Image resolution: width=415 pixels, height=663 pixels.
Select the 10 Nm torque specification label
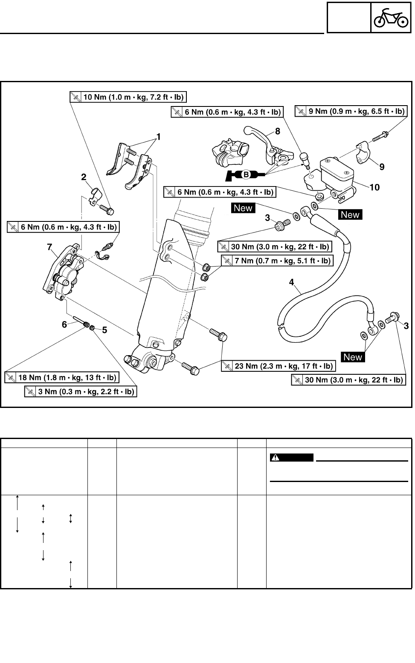point(128,97)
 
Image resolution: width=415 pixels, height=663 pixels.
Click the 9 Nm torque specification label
point(350,112)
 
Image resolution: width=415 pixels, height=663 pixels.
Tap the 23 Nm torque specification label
point(278,366)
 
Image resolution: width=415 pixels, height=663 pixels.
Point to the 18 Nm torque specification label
point(61,377)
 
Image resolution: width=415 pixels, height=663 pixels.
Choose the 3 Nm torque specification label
point(81,392)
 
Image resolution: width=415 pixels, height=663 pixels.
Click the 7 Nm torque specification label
point(277,261)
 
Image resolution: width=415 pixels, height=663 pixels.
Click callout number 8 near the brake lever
point(277,132)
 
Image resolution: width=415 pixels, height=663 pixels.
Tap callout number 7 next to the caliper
point(49,247)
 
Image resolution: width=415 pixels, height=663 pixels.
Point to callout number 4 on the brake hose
point(291,281)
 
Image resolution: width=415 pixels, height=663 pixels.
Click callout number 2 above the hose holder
point(84,177)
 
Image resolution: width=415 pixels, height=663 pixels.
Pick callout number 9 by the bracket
point(382,167)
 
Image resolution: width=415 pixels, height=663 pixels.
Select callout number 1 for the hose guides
point(158,137)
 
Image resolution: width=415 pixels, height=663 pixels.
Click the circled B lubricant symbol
point(246,174)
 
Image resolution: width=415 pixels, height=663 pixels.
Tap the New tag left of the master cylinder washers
point(243,208)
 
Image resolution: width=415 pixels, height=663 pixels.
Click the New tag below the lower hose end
point(353,357)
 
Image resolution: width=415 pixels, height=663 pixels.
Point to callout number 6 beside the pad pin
point(64,324)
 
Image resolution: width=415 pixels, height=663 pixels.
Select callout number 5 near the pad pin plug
point(104,330)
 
